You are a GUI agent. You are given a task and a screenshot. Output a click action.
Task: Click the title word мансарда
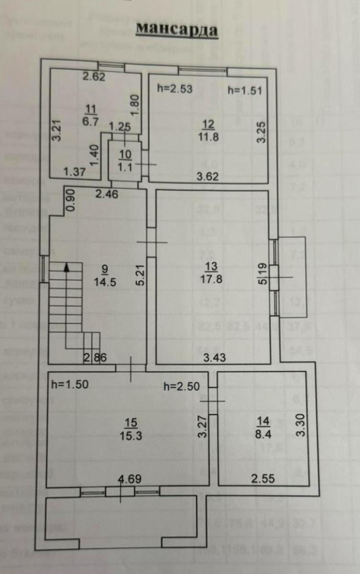tap(177, 30)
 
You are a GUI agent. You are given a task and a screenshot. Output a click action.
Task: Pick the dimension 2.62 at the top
tap(93, 76)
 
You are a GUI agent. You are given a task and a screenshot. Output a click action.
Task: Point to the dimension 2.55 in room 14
tap(263, 479)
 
